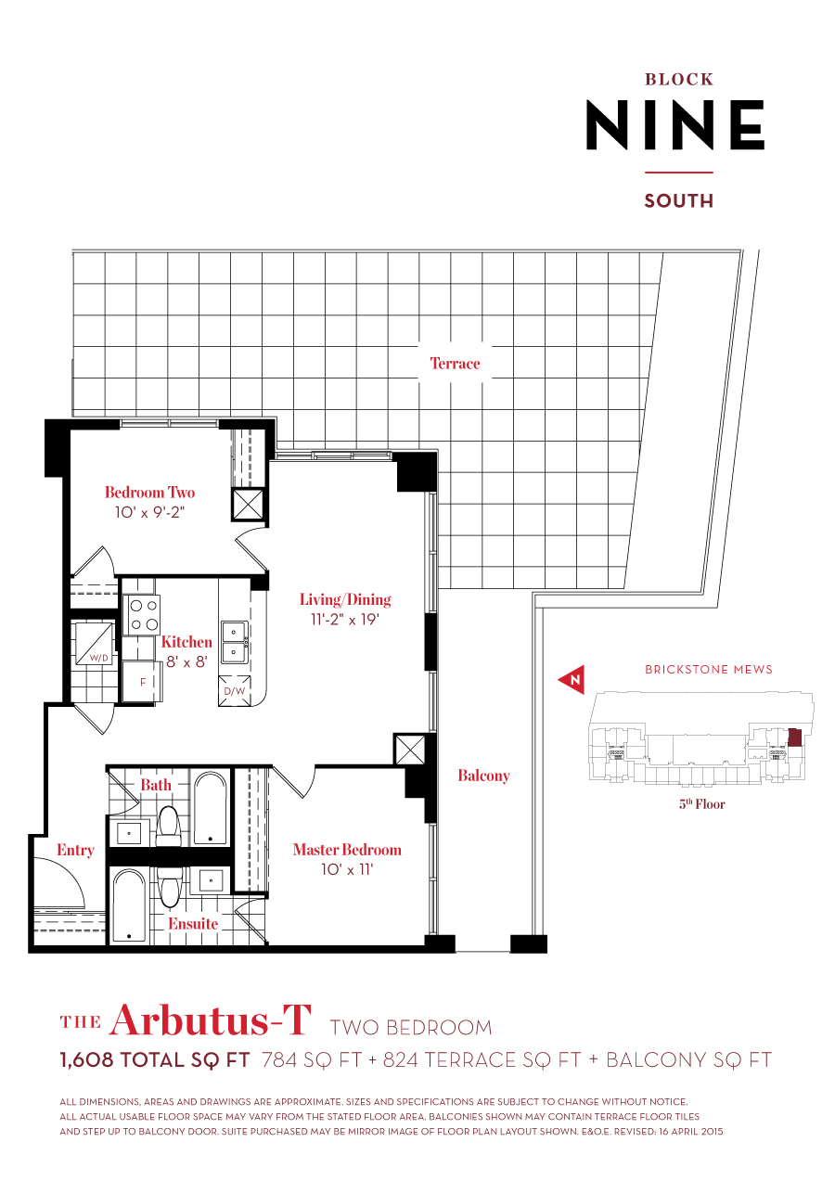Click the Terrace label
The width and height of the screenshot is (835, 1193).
point(455,364)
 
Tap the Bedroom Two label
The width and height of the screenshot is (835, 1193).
point(149,493)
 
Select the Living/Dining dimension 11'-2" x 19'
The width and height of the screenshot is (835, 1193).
point(345,620)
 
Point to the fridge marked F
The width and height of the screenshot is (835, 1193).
point(142,680)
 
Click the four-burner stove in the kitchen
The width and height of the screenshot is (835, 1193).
point(142,614)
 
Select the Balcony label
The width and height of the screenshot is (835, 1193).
point(483,776)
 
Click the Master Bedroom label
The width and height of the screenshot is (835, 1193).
point(347,850)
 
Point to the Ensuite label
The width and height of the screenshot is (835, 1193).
point(193,924)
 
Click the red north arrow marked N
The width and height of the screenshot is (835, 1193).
point(572,679)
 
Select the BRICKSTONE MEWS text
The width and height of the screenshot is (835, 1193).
point(708,669)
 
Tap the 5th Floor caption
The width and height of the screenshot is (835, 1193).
point(701,804)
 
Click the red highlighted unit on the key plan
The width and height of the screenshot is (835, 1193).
point(794,737)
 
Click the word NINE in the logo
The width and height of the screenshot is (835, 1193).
point(674,125)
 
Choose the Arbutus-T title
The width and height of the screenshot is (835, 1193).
point(210,1020)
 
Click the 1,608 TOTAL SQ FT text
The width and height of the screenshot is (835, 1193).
point(155,1059)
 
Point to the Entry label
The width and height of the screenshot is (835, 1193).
point(75,850)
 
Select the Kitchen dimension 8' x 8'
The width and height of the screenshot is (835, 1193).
point(186,661)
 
